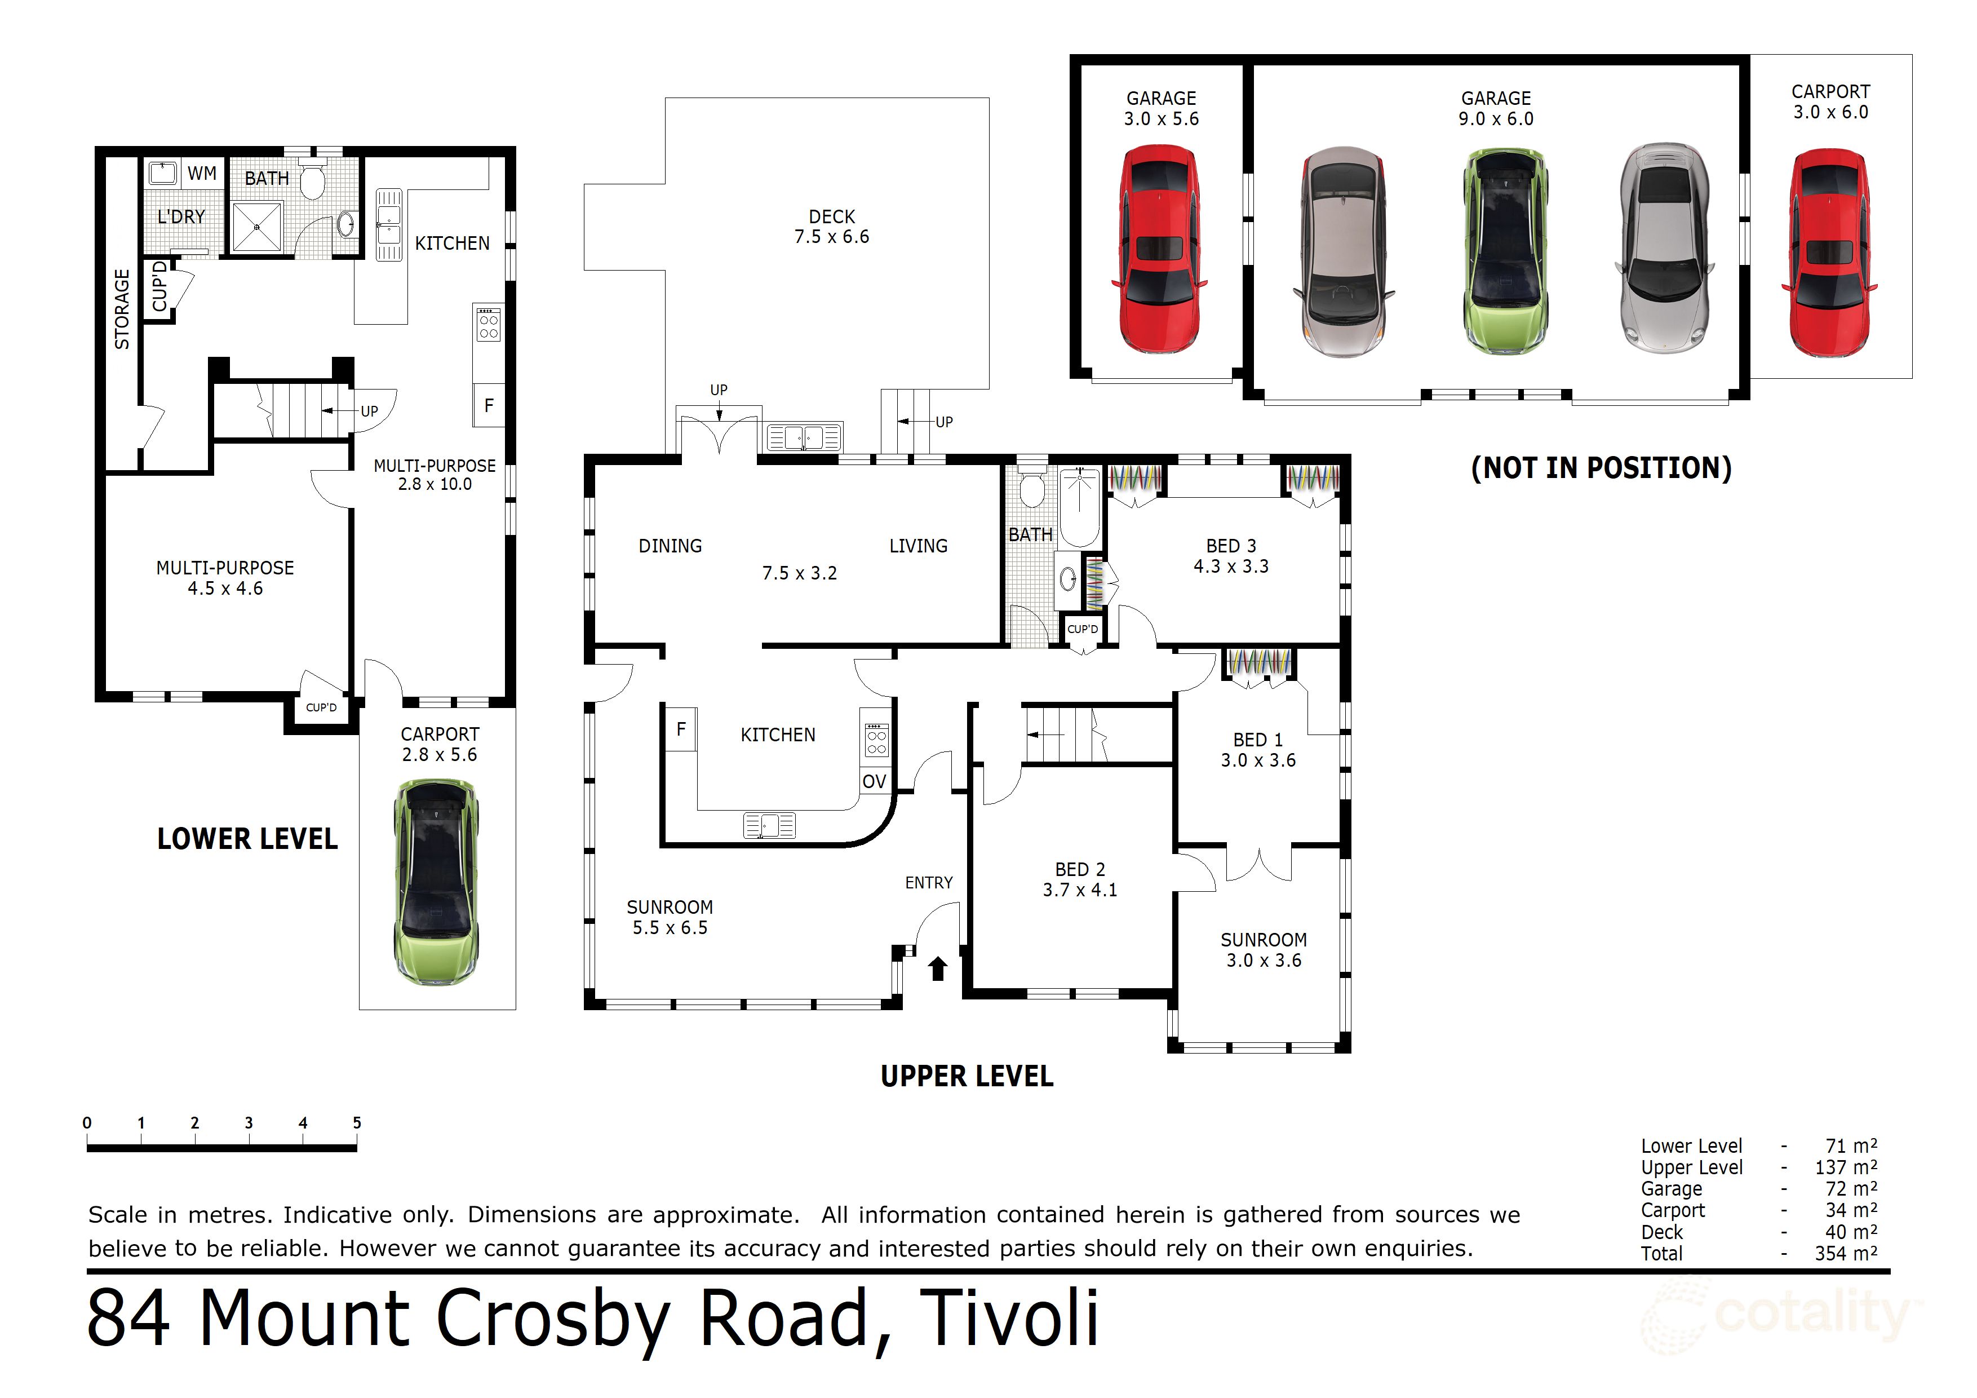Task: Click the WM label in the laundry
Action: coord(202,173)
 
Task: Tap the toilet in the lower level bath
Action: coord(312,181)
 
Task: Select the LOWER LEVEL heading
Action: coord(247,839)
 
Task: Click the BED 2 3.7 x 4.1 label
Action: coord(1080,879)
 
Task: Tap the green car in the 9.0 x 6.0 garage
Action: coord(1504,250)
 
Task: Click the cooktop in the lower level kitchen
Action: coord(488,323)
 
